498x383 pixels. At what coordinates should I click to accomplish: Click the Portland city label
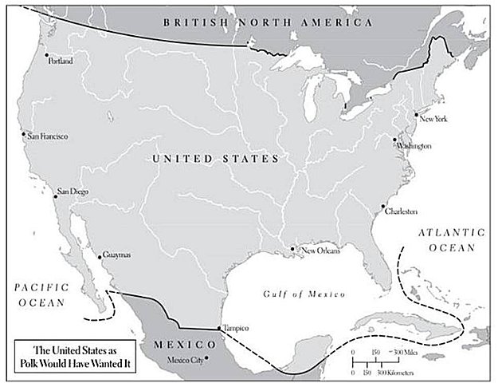coord(61,60)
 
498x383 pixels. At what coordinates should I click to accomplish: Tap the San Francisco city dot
coord(24,135)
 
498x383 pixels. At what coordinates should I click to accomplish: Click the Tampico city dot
coord(219,329)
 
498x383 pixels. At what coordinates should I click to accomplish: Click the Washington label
coord(414,147)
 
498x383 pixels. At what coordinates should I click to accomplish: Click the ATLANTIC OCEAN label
coord(450,239)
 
